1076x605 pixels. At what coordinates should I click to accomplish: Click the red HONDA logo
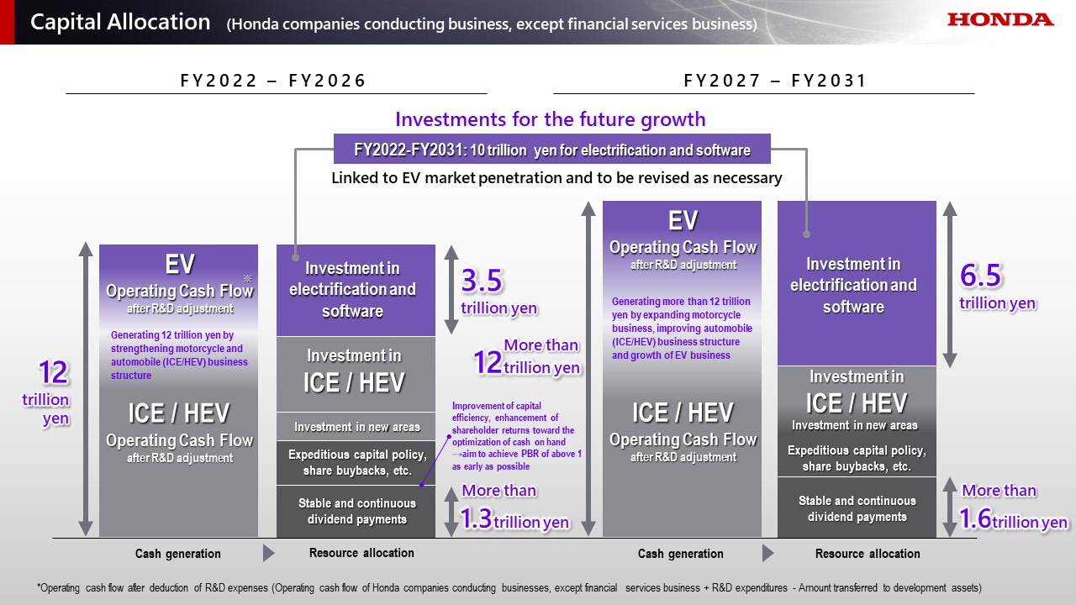1000,19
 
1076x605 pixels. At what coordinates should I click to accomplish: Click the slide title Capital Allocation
120,23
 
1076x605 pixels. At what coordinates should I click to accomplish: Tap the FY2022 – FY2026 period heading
274,81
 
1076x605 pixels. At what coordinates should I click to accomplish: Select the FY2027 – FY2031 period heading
774,81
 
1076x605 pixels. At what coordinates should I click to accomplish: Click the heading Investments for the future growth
550,119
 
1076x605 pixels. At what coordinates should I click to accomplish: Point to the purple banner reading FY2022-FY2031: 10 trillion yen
551,150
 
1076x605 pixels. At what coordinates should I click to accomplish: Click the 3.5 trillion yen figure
498,291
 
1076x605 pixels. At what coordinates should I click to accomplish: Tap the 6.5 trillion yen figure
997,287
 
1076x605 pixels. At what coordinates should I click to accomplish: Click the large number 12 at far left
53,372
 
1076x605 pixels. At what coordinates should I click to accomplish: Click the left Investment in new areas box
356,427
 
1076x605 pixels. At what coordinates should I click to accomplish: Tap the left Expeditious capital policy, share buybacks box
356,462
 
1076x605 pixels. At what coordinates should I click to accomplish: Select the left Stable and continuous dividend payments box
356,511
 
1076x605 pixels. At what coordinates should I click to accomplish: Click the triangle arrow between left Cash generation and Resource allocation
268,553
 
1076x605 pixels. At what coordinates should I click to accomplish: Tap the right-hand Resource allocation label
868,554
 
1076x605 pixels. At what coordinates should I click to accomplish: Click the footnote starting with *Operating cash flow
509,587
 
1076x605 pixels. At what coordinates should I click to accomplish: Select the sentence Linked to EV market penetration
556,178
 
